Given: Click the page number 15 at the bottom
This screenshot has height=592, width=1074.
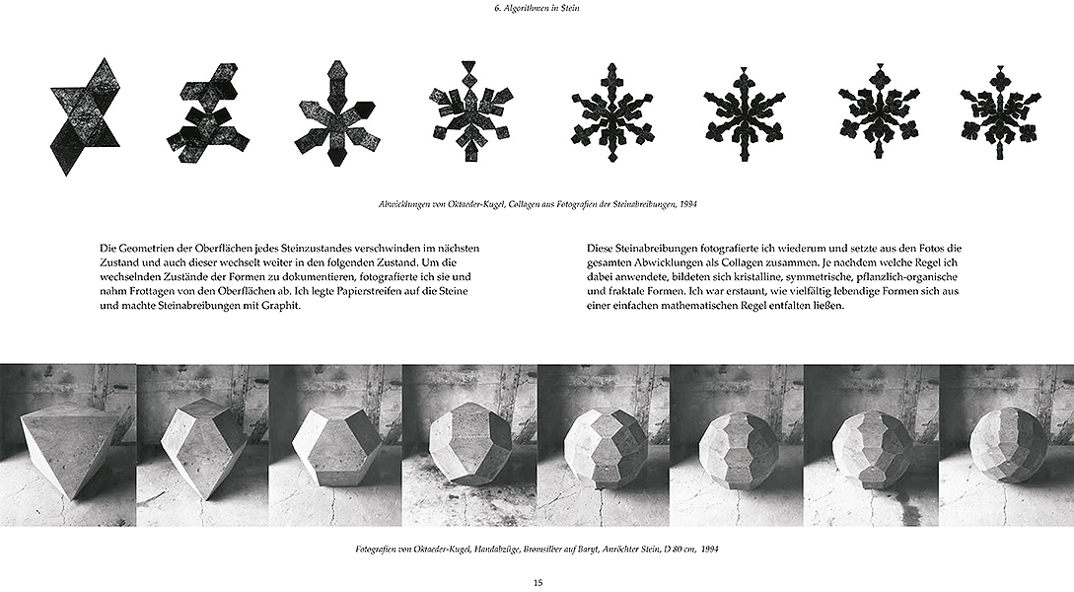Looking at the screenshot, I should [537, 582].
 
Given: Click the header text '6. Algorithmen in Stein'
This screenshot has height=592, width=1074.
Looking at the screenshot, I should [537, 10].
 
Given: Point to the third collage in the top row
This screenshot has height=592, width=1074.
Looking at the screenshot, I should [335, 114].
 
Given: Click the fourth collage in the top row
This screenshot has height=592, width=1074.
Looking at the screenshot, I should [471, 111].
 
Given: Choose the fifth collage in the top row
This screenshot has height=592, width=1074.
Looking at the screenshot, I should [612, 111].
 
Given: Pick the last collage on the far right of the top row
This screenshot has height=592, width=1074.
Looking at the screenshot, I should [1001, 111].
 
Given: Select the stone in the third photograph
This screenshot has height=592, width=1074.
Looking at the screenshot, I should [335, 444].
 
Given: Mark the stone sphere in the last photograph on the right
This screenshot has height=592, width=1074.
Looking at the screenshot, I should [1005, 447].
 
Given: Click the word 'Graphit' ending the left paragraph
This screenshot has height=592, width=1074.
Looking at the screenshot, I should [277, 307].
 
